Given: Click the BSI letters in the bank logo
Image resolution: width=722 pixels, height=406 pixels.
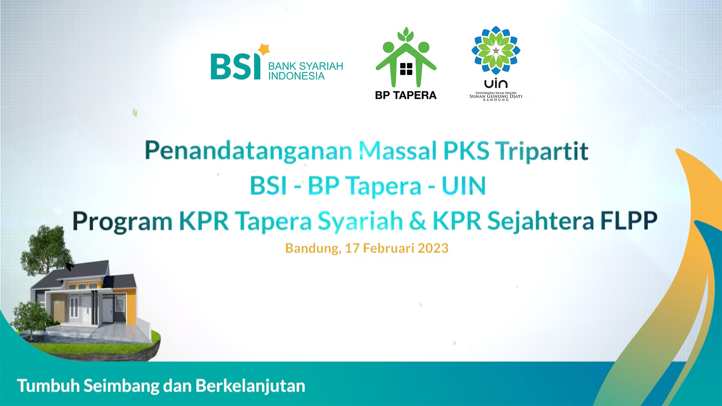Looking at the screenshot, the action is tap(235, 66).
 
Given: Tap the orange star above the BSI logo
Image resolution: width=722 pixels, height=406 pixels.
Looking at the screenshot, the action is tap(264, 49).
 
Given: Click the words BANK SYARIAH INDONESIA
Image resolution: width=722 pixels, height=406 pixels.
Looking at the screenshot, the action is tap(305, 71).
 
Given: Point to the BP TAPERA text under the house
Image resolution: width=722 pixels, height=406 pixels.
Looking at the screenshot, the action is tap(406, 95).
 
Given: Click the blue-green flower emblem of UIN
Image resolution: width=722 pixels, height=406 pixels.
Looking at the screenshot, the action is tap(496, 50).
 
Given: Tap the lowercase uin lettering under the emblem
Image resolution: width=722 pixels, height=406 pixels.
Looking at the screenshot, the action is tap(496, 83).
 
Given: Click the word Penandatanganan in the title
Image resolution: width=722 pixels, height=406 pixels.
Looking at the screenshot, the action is tap(249, 151).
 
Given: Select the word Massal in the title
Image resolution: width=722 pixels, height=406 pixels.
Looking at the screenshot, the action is tap(398, 150).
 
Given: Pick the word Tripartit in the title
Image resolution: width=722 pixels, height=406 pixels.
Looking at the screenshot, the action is tap(541, 151).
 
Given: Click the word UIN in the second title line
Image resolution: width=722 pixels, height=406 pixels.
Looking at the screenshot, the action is tap(464, 186).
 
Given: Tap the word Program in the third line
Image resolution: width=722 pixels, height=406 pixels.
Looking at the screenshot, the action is tap(123, 221).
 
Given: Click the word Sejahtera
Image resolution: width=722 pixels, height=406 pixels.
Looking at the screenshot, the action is tap(540, 221).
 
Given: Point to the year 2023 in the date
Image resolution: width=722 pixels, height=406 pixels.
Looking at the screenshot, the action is tap(433, 248).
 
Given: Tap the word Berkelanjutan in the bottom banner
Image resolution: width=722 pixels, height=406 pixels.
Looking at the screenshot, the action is tap(250, 386).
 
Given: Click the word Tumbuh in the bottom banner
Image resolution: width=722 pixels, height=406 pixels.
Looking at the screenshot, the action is tap(49, 386).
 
